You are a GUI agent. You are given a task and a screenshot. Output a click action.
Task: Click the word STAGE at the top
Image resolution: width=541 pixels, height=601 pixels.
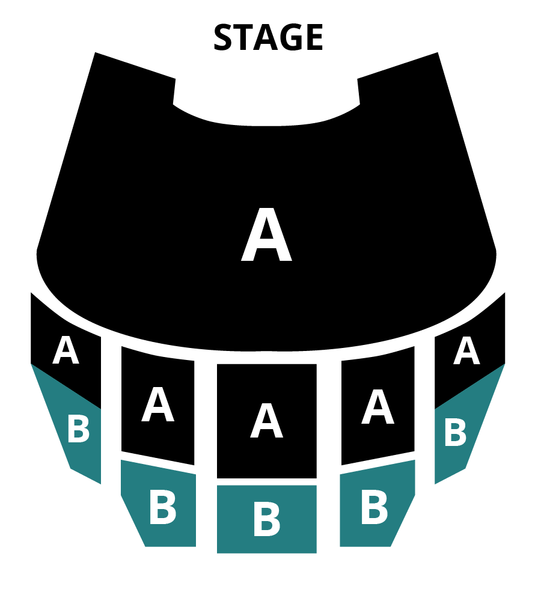tap(268, 37)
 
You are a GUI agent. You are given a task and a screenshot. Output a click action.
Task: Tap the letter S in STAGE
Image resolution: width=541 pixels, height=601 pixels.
tap(224, 37)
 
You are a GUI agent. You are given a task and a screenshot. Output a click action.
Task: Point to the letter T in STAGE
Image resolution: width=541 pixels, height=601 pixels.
tap(244, 37)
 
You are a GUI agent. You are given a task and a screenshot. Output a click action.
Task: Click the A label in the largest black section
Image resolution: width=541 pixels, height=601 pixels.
tap(266, 234)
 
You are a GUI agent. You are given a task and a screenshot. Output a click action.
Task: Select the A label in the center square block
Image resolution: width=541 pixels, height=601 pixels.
tap(266, 420)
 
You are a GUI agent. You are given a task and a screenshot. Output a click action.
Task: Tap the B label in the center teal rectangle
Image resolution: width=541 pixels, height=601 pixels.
tap(267, 519)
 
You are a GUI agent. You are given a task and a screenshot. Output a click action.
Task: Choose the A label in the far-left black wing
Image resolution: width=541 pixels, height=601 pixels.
tap(66, 350)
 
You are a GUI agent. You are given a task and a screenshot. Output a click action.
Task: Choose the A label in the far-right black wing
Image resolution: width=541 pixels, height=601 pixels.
tap(466, 350)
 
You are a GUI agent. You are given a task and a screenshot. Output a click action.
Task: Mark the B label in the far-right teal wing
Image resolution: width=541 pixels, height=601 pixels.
tap(456, 432)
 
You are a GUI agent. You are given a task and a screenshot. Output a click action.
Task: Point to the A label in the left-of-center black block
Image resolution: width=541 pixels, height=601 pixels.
tap(158, 404)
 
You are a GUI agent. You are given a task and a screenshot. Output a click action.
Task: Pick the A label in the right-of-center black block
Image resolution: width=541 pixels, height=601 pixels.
tap(377, 406)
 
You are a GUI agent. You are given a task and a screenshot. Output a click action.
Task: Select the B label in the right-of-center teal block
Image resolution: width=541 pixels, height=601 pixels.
tap(374, 507)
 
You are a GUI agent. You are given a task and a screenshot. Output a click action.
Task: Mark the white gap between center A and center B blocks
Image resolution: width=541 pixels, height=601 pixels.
tap(267, 482)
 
